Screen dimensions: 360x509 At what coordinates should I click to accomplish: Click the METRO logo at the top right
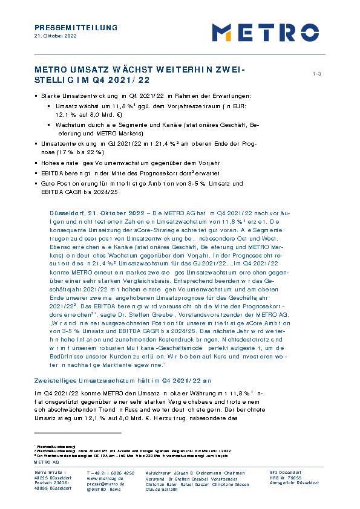tap(265, 32)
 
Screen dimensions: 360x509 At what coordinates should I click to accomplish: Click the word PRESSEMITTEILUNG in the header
tap(76, 28)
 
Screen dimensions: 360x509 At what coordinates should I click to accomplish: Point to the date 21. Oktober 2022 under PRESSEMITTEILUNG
tap(56, 36)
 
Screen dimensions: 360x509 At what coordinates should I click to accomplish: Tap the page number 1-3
tap(316, 74)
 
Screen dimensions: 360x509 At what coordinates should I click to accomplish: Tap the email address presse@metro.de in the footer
tap(105, 484)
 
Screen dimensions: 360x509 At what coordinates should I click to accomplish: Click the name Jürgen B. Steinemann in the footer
tap(184, 472)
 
